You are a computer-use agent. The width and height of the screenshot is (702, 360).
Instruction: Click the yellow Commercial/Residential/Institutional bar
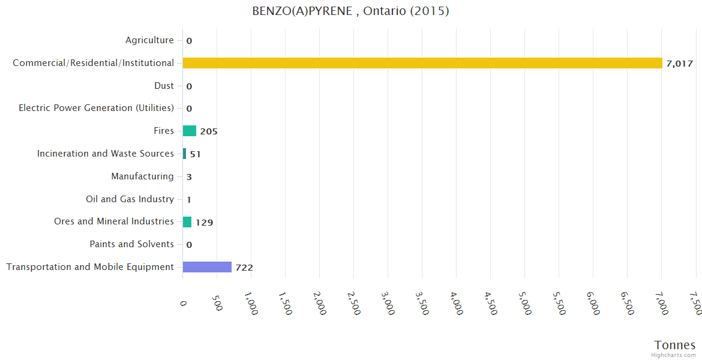click(x=422, y=63)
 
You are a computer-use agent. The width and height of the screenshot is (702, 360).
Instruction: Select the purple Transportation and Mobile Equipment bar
click(x=207, y=267)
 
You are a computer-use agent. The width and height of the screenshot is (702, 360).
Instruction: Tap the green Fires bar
click(x=190, y=131)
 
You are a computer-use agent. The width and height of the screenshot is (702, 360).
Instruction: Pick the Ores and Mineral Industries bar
click(x=187, y=222)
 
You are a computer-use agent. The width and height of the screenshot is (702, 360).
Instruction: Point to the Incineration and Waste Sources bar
click(x=184, y=154)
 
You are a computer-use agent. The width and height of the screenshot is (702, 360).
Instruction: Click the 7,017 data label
click(x=680, y=64)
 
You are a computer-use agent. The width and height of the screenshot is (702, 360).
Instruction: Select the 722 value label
click(x=244, y=268)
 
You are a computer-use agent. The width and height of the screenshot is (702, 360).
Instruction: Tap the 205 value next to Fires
click(x=209, y=131)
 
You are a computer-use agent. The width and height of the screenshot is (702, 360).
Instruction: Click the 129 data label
click(x=205, y=223)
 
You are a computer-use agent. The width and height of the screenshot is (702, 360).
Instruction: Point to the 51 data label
click(x=195, y=154)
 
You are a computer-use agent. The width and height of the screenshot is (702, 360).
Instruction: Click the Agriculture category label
click(x=149, y=40)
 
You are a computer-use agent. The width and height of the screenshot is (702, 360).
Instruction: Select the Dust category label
click(x=164, y=86)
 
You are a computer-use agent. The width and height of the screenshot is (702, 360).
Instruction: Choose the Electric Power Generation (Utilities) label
click(x=96, y=108)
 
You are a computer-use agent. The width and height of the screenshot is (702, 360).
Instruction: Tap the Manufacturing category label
click(x=142, y=176)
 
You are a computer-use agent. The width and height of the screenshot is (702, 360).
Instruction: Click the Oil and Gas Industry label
click(x=130, y=199)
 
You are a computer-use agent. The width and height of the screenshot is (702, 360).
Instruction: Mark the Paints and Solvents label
click(x=131, y=244)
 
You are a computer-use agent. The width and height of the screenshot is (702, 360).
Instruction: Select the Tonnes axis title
click(x=675, y=345)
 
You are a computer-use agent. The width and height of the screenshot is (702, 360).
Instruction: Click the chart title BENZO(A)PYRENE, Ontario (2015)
click(x=350, y=11)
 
